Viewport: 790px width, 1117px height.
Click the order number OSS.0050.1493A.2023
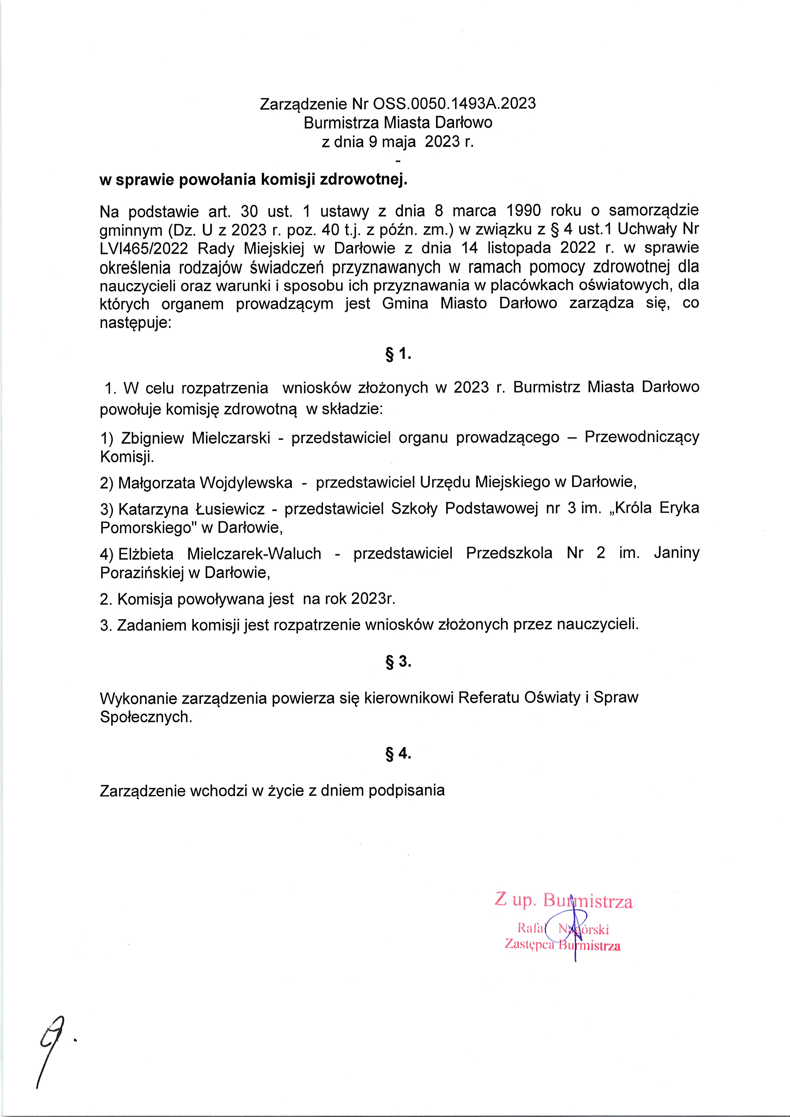[454, 103]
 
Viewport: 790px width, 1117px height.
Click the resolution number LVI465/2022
[144, 248]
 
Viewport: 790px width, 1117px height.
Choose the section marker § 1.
[398, 355]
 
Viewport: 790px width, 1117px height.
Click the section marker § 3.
[398, 662]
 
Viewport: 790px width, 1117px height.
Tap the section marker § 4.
[398, 754]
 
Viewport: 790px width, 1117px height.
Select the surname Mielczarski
[231, 438]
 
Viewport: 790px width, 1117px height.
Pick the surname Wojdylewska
[246, 483]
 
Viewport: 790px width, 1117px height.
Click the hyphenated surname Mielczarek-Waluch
[254, 554]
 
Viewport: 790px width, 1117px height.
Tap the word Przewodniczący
[642, 438]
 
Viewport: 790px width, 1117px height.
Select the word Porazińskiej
[142, 573]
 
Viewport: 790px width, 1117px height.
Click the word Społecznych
[146, 717]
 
